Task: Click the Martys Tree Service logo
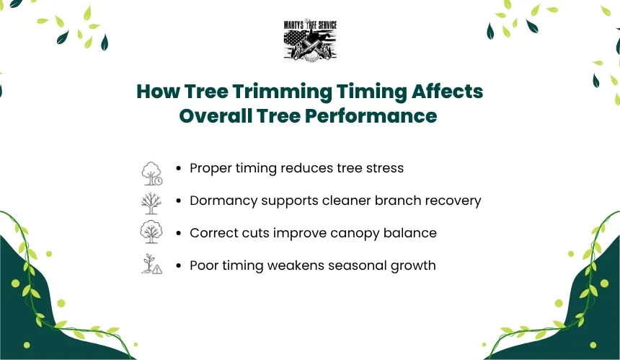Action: pos(311,40)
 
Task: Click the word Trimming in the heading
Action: pos(282,92)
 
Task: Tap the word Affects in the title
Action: pos(447,91)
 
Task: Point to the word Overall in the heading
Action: pos(216,116)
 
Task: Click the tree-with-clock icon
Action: pos(152,173)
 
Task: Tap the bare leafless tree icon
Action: pos(151,203)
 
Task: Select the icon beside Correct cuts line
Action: pos(151,232)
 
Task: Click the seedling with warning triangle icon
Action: pos(152,264)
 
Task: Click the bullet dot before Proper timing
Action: pos(179,169)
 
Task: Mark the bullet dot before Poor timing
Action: pos(179,265)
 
